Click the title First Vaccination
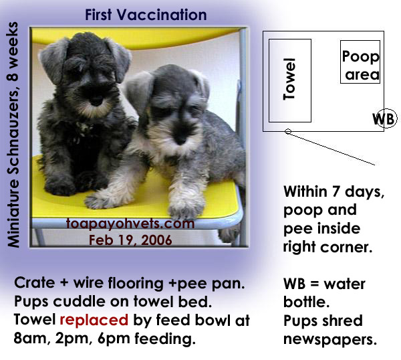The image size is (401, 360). coord(146,15)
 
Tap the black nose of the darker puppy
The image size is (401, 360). coord(96,100)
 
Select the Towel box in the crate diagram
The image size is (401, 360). coord(290,81)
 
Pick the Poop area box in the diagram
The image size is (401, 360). coord(360,62)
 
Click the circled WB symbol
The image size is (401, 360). coord(385,119)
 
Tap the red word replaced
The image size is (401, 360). coord(94,320)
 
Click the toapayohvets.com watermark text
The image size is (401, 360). coord(130,223)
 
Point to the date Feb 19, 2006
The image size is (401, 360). coord(130,240)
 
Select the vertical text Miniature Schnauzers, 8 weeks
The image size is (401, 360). coord(13,134)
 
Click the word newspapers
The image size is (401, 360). coord(330,340)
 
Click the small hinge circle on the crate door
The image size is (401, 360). coord(288,132)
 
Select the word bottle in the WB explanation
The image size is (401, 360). coord(306,302)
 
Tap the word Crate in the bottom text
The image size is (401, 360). coord(35,283)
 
